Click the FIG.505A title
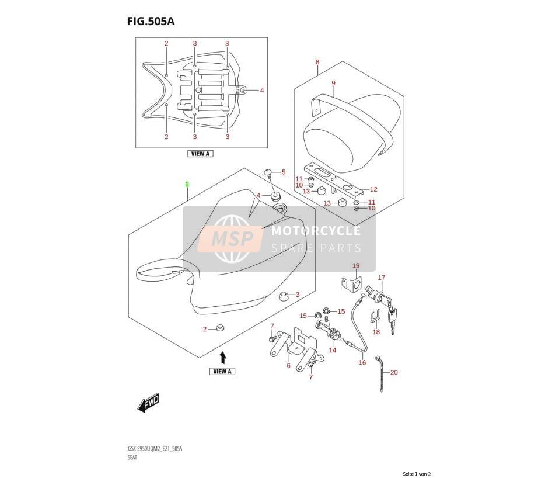[151, 21]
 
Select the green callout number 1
[187, 184]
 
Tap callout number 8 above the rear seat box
[317, 62]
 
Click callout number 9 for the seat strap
[333, 83]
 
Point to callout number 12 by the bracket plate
[373, 189]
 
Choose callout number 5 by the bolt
[284, 172]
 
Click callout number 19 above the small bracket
[356, 266]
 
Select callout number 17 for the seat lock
[382, 278]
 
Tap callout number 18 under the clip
[376, 332]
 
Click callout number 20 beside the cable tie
[394, 372]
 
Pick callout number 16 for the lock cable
[362, 363]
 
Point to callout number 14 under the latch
[332, 350]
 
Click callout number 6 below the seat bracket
[288, 365]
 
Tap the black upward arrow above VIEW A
[222, 356]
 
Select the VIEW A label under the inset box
[200, 154]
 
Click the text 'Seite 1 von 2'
[417, 474]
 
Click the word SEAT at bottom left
[132, 457]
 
